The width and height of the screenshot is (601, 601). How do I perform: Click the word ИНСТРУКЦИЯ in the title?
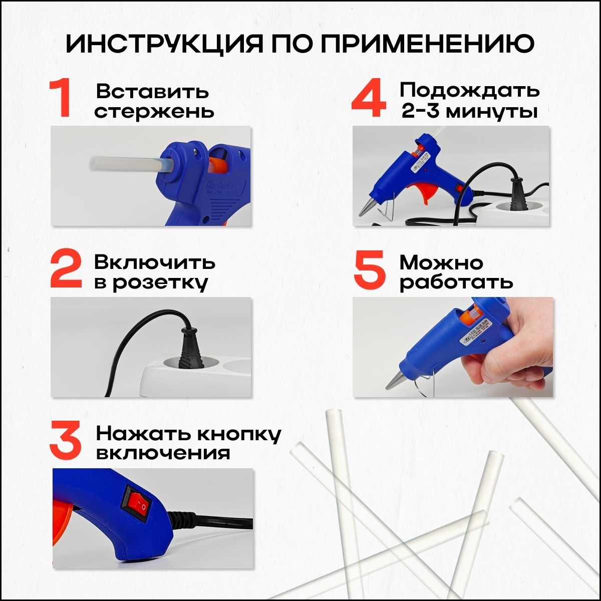pyautogui.click(x=164, y=44)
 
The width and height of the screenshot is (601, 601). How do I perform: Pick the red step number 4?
pyautogui.click(x=369, y=99)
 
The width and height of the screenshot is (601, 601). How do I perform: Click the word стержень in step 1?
pyautogui.click(x=154, y=112)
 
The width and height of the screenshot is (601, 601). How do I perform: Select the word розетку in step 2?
pyautogui.click(x=160, y=283)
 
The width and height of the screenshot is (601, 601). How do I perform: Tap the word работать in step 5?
pyautogui.click(x=456, y=283)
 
